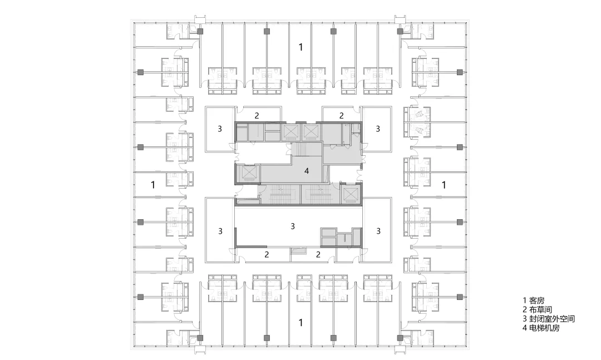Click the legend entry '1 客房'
point(533,301)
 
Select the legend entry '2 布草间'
point(537,310)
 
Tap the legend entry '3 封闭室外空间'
point(549,319)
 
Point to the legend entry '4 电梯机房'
point(541,328)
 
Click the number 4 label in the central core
point(307,171)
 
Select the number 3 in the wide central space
point(293,226)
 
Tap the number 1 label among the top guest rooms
point(301,47)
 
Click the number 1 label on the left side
point(153,185)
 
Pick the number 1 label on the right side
point(444,185)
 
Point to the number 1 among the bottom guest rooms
point(301,322)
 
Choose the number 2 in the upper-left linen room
point(257,115)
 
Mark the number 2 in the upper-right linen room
point(342,115)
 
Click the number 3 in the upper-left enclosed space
point(220,129)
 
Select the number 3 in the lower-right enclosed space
point(378,231)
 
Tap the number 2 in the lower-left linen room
point(267,254)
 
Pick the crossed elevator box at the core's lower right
point(351,195)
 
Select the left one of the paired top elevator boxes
point(290,131)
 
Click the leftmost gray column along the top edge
point(200,31)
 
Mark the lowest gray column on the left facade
point(141,297)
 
